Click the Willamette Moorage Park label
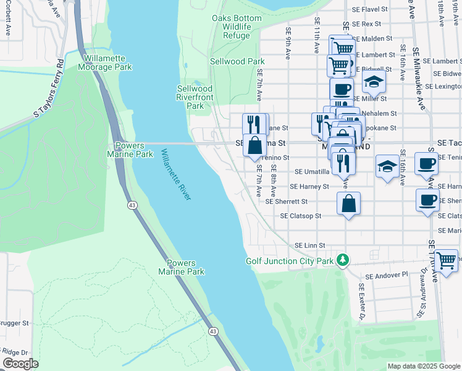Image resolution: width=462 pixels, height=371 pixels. click(x=106, y=62)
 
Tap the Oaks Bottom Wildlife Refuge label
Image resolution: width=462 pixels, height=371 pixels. click(x=237, y=27)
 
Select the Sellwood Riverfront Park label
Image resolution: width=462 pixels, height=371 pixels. click(x=195, y=97)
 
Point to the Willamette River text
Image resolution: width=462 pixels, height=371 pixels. click(x=177, y=174)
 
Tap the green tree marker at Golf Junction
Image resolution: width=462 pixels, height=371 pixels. click(x=340, y=260)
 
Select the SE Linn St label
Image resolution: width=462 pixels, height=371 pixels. click(x=309, y=245)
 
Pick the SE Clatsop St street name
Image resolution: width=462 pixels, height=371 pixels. click(x=301, y=216)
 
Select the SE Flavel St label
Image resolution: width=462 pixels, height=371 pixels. click(x=367, y=9)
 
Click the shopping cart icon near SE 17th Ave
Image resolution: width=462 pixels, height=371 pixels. click(x=447, y=260)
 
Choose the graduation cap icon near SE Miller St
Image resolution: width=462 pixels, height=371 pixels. click(x=373, y=82)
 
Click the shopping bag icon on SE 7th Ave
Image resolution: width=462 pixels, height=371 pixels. click(x=254, y=146)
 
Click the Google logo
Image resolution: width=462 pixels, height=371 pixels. click(x=20, y=364)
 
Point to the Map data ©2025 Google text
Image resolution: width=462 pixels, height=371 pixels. click(x=423, y=366)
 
